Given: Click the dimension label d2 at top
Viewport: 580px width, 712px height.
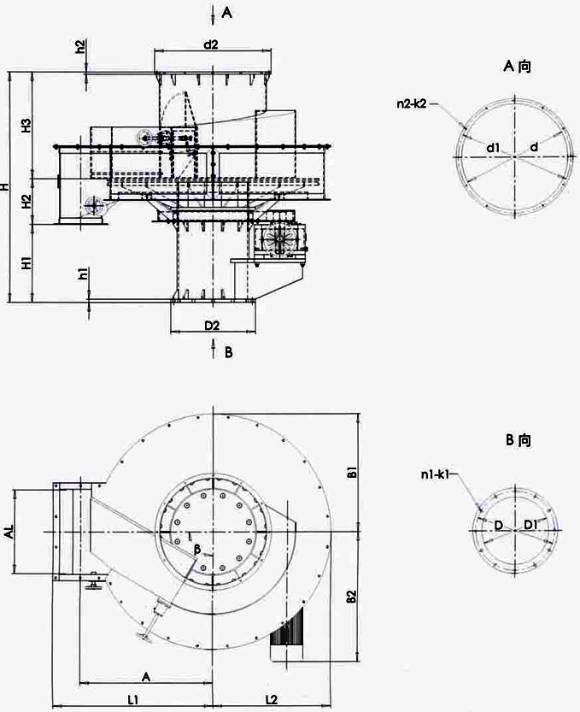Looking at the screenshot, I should coord(212,44).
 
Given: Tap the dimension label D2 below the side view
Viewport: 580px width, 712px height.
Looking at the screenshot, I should coord(212,325).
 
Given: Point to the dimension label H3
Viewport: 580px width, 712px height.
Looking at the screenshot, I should coord(26,127).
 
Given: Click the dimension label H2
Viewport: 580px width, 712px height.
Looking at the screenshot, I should coord(26,202).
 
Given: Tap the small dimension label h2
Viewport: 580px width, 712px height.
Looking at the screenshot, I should coord(79,47).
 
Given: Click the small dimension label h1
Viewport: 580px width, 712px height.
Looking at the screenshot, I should coord(81,274).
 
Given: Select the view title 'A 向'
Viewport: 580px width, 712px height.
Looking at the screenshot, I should coord(518,66).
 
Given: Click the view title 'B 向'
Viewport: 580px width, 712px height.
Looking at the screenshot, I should coord(518,441).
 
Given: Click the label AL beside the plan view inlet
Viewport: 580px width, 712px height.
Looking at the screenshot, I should coord(9,533).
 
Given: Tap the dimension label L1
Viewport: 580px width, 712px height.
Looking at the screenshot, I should coord(133,699).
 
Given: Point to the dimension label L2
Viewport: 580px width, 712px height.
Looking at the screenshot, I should coord(270,699).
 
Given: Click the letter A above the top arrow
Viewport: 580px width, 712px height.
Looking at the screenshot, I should coord(226,12).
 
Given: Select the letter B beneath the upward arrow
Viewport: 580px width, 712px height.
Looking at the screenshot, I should coord(228,351).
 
